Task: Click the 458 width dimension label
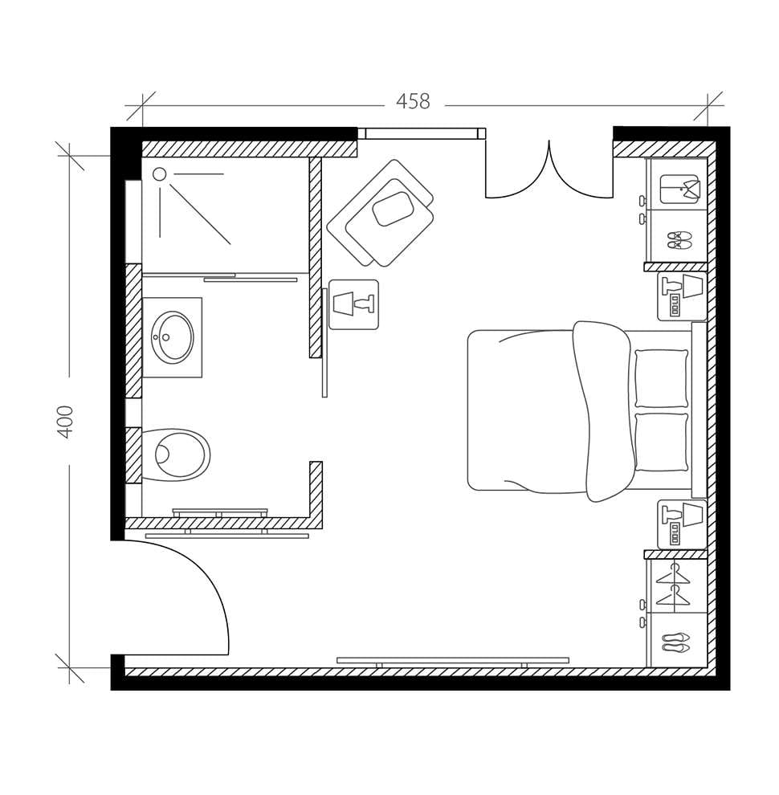(413, 102)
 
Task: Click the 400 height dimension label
(65, 421)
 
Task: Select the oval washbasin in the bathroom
(172, 337)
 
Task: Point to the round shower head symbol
(159, 174)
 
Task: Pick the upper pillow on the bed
(661, 378)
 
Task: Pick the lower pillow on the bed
(661, 442)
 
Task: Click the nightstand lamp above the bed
(682, 296)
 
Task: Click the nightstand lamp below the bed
(682, 524)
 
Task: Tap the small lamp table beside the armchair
(353, 304)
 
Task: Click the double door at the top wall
(549, 173)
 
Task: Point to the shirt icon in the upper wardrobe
(679, 189)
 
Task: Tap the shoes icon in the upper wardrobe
(679, 239)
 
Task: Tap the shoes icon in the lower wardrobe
(675, 642)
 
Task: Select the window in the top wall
(421, 133)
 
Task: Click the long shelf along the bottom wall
(452, 660)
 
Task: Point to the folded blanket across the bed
(602, 410)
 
